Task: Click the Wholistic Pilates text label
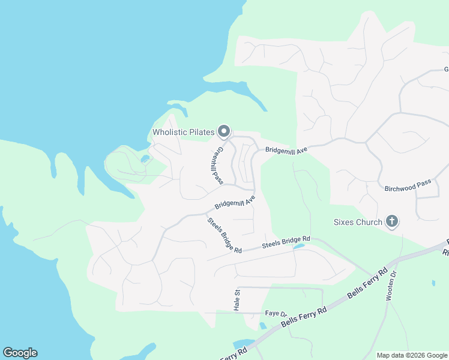184,132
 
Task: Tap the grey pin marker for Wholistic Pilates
224,130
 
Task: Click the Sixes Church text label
358,222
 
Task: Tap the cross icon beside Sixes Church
391,221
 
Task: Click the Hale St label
237,300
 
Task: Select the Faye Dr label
276,314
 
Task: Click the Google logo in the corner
20,353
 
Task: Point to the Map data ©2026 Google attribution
411,355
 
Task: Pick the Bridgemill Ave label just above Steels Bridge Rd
235,202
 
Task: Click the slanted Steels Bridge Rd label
224,235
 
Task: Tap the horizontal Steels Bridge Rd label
286,242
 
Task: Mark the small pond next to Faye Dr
262,326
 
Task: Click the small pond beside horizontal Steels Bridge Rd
298,246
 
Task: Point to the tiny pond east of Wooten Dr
433,282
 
